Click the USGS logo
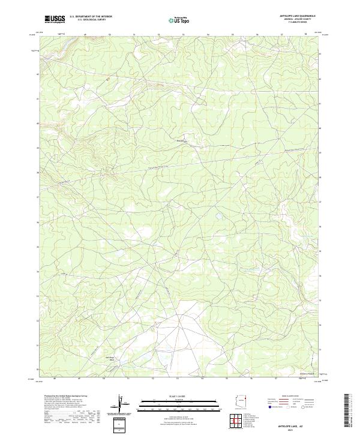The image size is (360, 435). (55, 19)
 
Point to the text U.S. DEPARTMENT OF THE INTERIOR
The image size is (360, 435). (91, 17)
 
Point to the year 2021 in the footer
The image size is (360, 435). (296, 429)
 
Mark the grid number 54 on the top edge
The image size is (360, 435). (208, 34)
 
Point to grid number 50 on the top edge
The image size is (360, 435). (109, 34)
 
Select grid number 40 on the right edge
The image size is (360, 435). (320, 128)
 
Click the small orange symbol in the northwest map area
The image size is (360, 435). (107, 79)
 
